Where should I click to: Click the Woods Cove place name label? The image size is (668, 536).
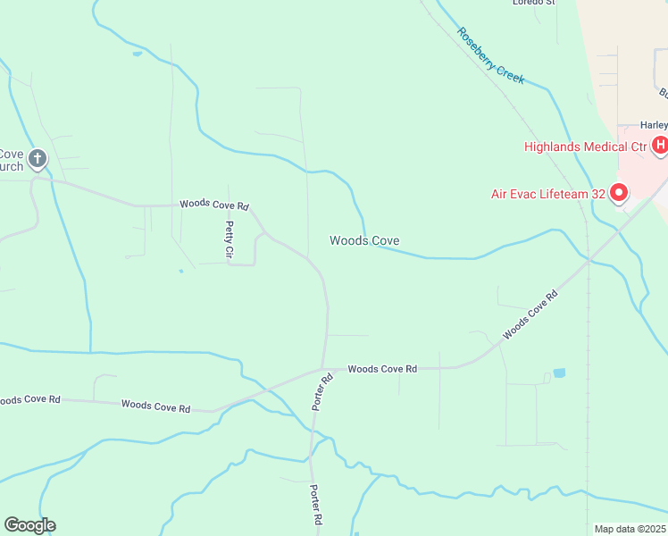(x=363, y=240)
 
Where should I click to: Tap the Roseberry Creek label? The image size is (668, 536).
(x=490, y=55)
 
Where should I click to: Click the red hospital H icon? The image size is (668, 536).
(x=661, y=145)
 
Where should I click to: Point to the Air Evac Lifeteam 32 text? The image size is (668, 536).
(x=548, y=193)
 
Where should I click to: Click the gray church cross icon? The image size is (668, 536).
(x=37, y=160)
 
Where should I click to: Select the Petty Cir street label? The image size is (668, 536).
(x=230, y=240)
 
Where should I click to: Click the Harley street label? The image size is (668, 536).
(x=654, y=125)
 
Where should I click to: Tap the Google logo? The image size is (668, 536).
(x=29, y=525)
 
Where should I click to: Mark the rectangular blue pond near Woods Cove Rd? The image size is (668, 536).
(x=559, y=373)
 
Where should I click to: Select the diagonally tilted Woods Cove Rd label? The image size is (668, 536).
(x=530, y=314)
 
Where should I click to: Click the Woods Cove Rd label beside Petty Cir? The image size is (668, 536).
(x=213, y=204)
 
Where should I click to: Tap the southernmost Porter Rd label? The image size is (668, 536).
(x=315, y=505)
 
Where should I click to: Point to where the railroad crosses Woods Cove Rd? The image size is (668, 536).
(x=588, y=261)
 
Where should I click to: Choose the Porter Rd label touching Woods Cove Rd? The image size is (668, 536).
(x=322, y=391)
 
